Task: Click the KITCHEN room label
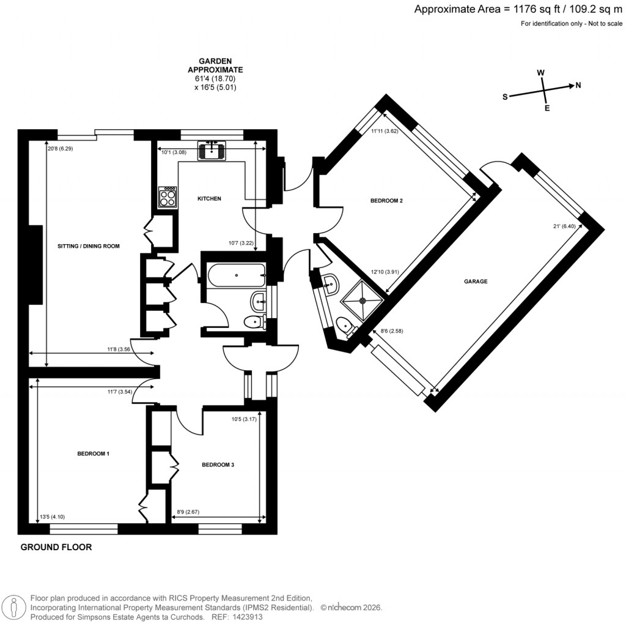pyautogui.click(x=209, y=199)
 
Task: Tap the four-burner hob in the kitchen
pyautogui.click(x=168, y=197)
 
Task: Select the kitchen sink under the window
pyautogui.click(x=212, y=150)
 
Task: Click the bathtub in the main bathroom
pyautogui.click(x=236, y=275)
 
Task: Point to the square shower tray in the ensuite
pyautogui.click(x=362, y=300)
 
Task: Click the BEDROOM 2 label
pyautogui.click(x=386, y=201)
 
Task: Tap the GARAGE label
pyautogui.click(x=475, y=282)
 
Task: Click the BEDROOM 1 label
pyautogui.click(x=93, y=454)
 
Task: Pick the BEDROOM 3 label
pyautogui.click(x=218, y=465)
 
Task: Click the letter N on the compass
pyautogui.click(x=578, y=85)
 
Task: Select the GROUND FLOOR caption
pyautogui.click(x=56, y=547)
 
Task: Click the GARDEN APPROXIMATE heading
pyautogui.click(x=215, y=65)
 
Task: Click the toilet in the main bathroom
pyautogui.click(x=251, y=321)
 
